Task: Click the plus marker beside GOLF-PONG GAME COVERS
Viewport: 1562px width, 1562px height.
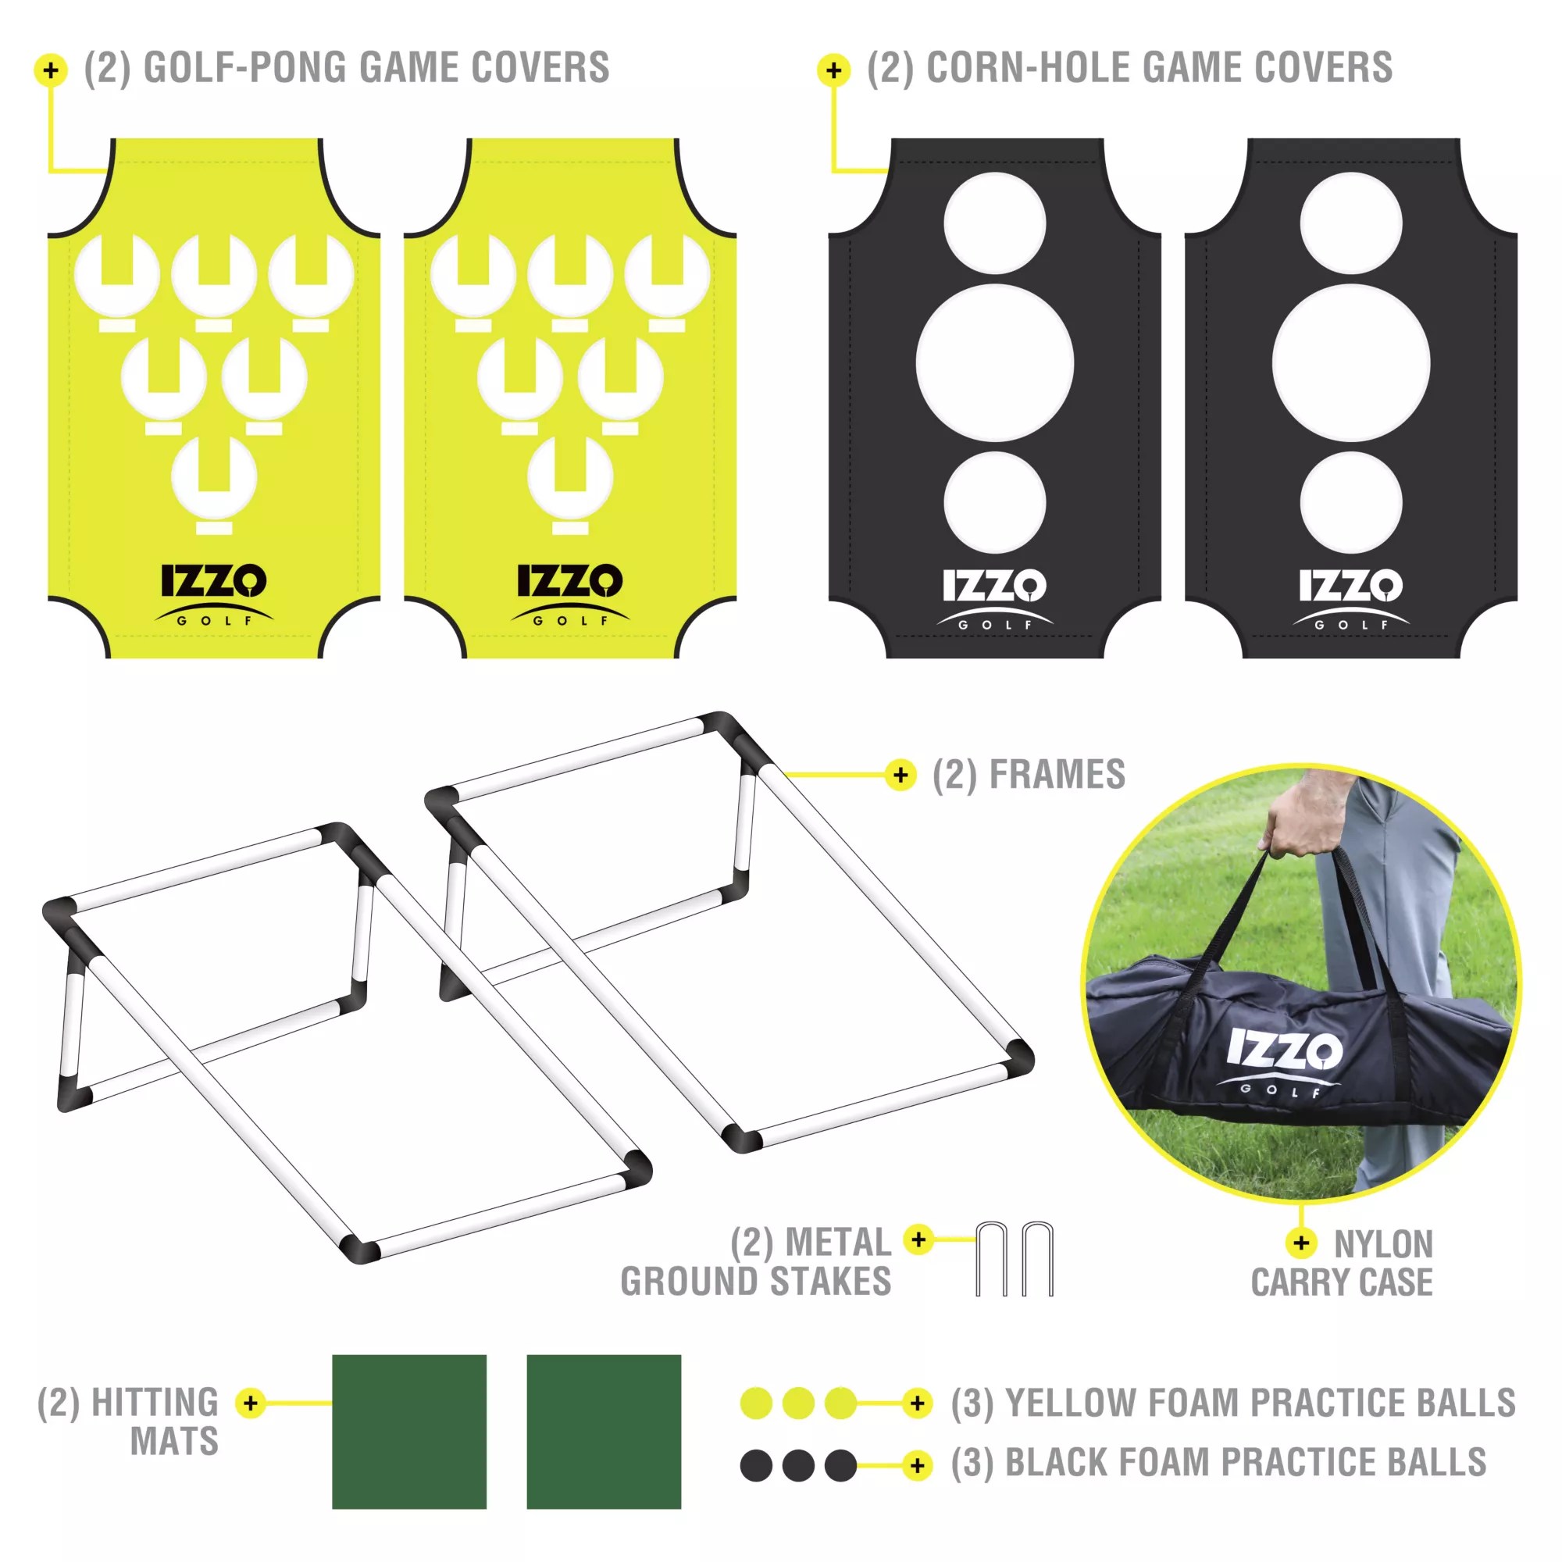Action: click(51, 70)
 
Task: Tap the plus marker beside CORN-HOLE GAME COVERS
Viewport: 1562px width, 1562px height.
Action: click(833, 70)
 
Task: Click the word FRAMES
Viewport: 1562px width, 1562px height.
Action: click(1057, 774)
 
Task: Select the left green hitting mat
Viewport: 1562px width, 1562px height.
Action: click(409, 1431)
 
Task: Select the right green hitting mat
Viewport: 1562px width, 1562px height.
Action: click(603, 1431)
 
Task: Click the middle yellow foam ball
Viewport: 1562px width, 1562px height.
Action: click(798, 1403)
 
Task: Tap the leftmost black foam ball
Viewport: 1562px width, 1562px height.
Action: click(756, 1465)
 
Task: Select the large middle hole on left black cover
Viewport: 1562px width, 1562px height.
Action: click(994, 363)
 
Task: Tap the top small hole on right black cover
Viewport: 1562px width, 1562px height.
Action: click(1350, 223)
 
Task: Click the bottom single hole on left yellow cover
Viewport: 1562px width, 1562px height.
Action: click(214, 477)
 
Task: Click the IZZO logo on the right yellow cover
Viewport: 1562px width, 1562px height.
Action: click(570, 582)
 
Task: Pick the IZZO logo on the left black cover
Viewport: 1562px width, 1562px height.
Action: click(994, 587)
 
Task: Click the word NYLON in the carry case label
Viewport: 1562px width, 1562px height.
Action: click(1383, 1244)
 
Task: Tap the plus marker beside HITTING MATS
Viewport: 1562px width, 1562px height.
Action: click(251, 1403)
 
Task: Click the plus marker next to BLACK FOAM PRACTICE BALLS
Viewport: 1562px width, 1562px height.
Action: click(917, 1465)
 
